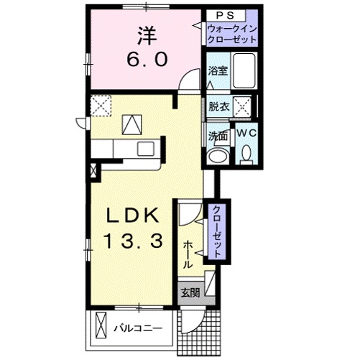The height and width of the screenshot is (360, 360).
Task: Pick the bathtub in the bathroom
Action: tap(244, 73)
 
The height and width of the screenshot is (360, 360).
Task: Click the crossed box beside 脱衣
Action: tap(244, 109)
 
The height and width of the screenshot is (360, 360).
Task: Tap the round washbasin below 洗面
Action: tap(217, 156)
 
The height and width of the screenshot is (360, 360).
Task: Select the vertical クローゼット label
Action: tap(216, 231)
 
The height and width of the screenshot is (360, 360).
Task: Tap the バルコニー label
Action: tap(137, 328)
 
